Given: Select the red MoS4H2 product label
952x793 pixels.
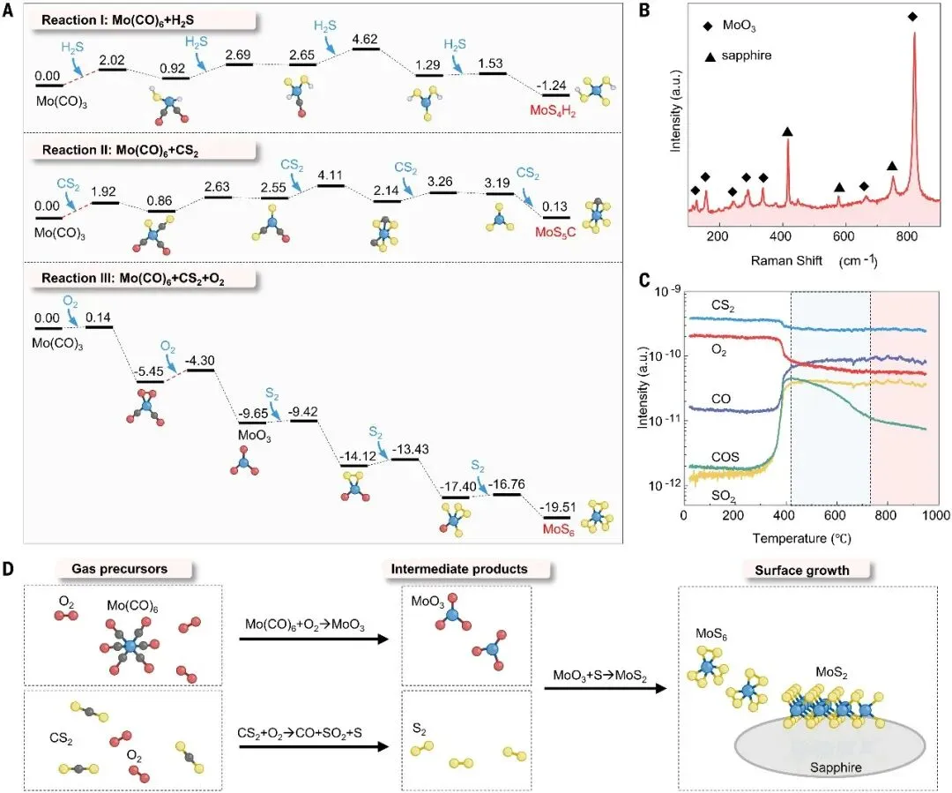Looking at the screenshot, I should tap(545, 109).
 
